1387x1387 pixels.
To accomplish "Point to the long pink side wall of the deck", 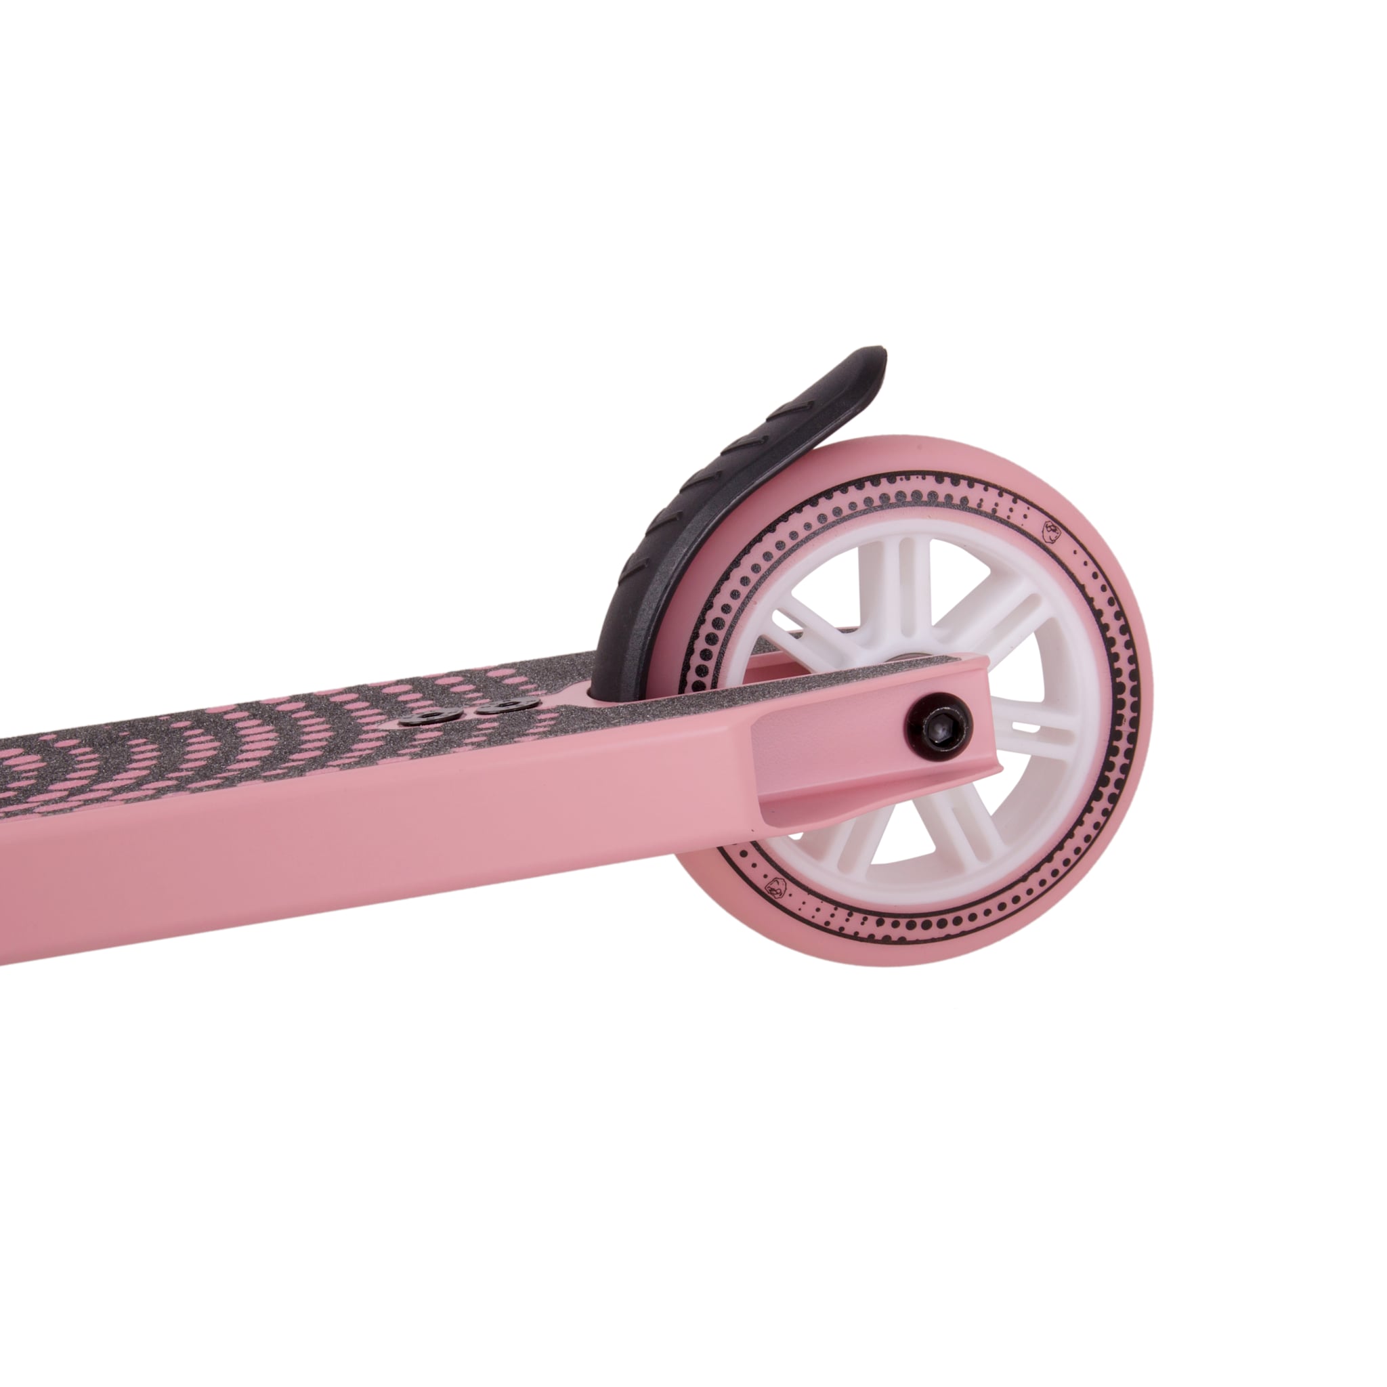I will pyautogui.click(x=359, y=847).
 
